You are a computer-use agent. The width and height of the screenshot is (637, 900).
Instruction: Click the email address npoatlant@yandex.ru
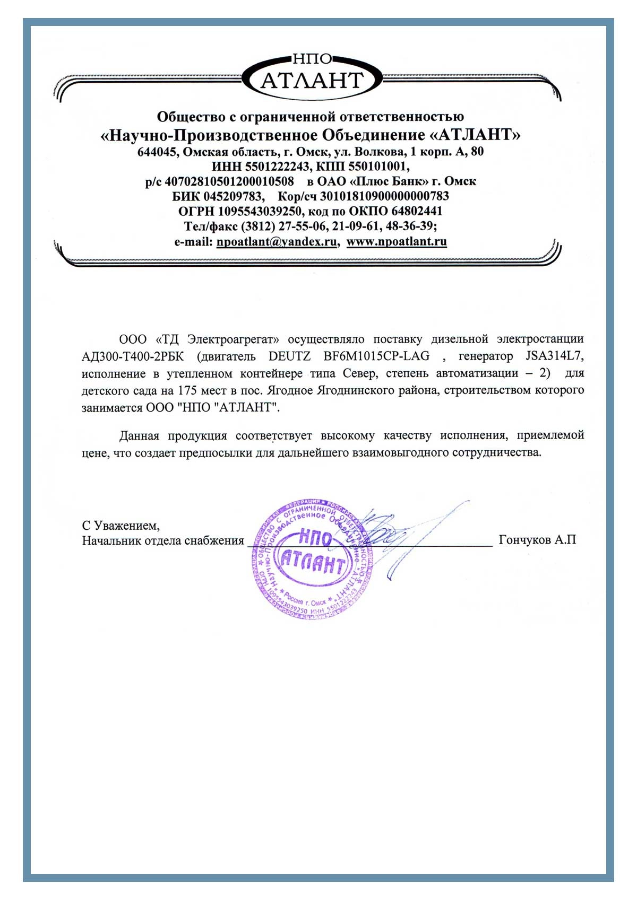277,242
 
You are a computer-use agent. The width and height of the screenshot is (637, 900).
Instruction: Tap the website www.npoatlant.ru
397,242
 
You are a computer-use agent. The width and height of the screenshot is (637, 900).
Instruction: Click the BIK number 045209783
234,196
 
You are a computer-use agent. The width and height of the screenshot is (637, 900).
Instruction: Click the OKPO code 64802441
417,211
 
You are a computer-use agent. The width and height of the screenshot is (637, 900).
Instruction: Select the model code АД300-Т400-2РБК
133,356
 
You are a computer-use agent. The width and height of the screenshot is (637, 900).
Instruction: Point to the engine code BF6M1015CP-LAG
376,356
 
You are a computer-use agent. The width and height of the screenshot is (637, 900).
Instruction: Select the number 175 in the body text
187,391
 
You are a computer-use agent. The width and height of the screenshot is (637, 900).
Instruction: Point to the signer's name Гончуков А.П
537,540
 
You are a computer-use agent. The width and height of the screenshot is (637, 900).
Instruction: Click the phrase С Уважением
121,526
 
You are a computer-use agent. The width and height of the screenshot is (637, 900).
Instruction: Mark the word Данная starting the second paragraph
139,436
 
